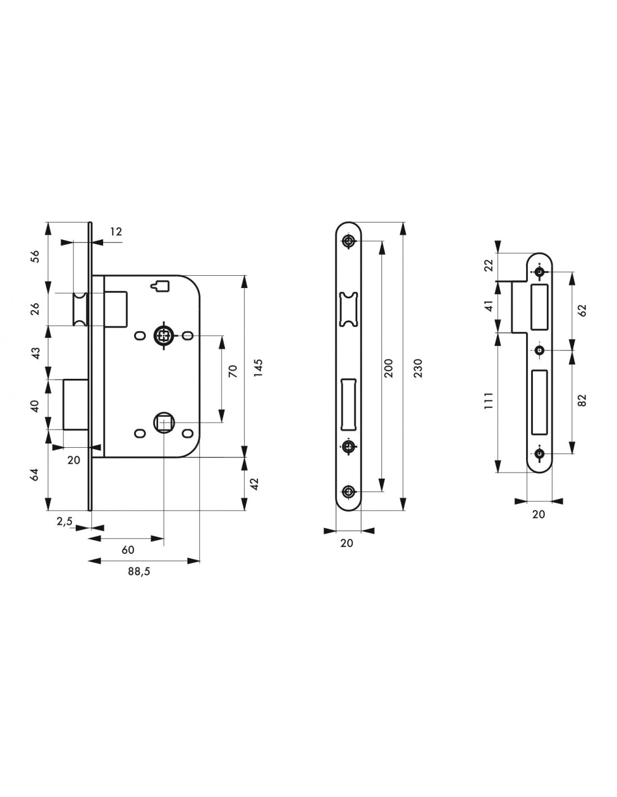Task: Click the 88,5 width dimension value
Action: tap(139, 571)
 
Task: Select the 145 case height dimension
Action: tap(259, 368)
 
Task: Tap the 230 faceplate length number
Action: tap(418, 368)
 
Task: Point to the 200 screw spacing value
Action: tap(388, 368)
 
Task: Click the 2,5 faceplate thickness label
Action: tap(65, 521)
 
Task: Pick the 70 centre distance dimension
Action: tap(233, 371)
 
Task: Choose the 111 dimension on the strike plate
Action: tap(489, 401)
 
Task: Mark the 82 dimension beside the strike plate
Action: tap(582, 400)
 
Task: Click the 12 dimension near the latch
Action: tap(116, 231)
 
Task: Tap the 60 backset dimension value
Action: tap(128, 549)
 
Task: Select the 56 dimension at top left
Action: tap(35, 256)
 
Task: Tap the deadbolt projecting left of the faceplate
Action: tap(76, 404)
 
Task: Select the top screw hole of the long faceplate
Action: tap(348, 241)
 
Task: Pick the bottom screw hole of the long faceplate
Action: tap(348, 492)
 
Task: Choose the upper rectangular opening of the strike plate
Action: tap(539, 307)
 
